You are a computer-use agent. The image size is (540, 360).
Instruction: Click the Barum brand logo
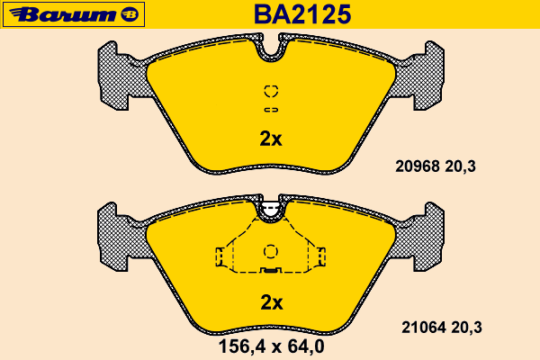click(74, 14)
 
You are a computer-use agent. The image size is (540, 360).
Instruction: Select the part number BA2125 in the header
click(302, 14)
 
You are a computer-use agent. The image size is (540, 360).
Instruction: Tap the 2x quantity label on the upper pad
click(271, 139)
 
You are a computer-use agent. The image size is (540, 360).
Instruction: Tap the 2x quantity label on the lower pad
click(272, 302)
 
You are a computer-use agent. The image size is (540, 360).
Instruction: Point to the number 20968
click(418, 166)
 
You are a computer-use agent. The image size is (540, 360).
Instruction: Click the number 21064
click(424, 328)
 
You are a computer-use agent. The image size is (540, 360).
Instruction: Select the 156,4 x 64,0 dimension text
click(272, 346)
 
